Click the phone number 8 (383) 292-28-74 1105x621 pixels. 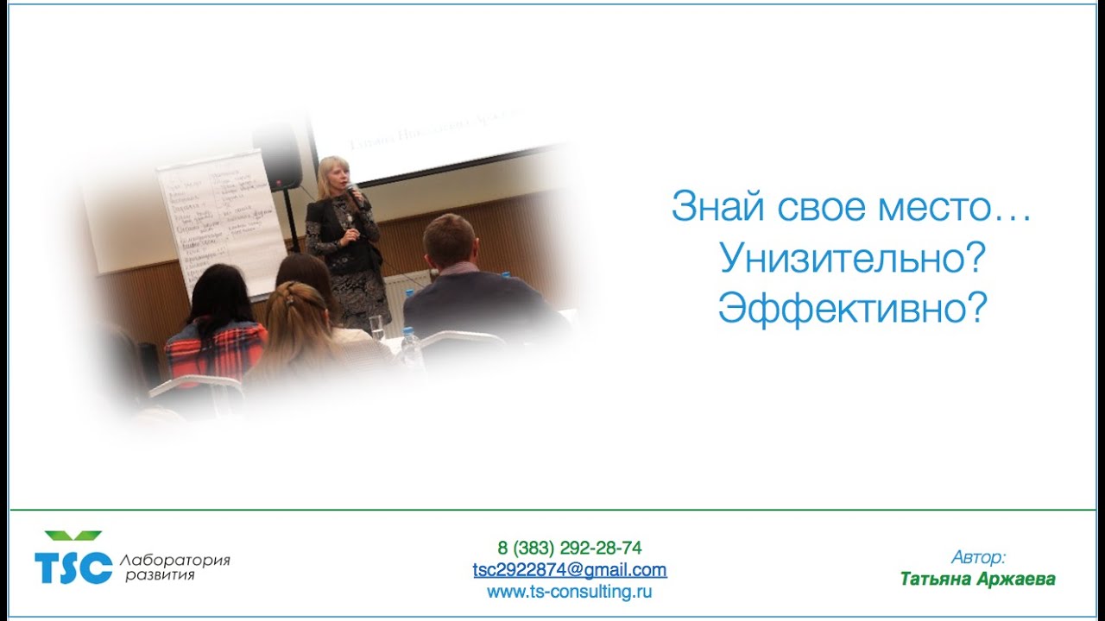(570, 548)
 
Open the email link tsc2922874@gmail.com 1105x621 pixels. (570, 570)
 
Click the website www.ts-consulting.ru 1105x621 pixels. (570, 592)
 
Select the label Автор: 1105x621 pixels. (978, 557)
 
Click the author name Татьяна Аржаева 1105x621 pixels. (977, 579)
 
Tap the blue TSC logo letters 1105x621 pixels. (73, 568)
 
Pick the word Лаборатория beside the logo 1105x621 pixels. (177, 560)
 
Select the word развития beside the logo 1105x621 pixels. (160, 575)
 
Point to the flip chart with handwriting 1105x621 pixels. (220, 220)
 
